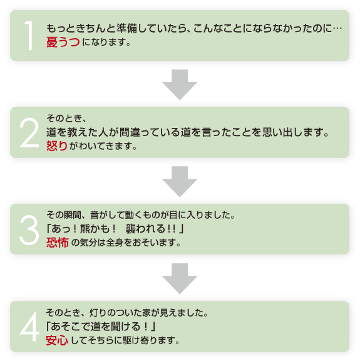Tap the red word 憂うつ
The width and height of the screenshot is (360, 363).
point(63,43)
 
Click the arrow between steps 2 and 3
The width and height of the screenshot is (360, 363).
point(180,180)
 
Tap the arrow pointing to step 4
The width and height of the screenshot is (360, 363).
point(180,277)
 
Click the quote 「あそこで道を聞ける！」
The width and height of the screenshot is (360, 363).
point(101,327)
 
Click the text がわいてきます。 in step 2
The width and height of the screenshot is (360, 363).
point(100,146)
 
